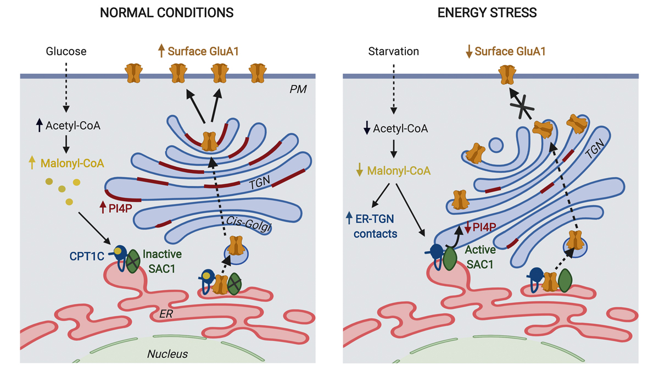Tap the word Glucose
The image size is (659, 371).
(x=65, y=52)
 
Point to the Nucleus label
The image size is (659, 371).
(x=167, y=353)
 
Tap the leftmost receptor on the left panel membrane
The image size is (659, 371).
(x=134, y=73)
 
